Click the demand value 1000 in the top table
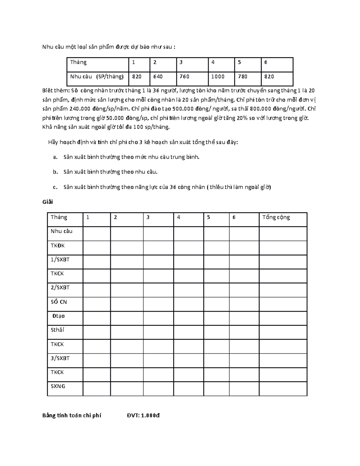pos(218,77)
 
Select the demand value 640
pos(158,77)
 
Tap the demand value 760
pos(184,77)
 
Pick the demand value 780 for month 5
pos(242,77)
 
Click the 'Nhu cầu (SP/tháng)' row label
pos(97,77)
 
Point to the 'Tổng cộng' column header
pos(276,217)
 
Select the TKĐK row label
pos(58,245)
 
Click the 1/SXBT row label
pos(60,260)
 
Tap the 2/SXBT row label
pos(60,287)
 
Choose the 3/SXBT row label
pos(60,358)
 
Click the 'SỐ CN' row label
pos(59,302)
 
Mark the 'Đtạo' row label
pos(58,316)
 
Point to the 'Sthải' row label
pos(57,330)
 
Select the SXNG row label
pos(58,386)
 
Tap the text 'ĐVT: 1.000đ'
pos(143,416)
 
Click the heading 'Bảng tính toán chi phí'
pos(72,416)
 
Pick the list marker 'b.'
pos(55,172)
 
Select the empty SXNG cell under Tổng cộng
pos(283,389)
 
